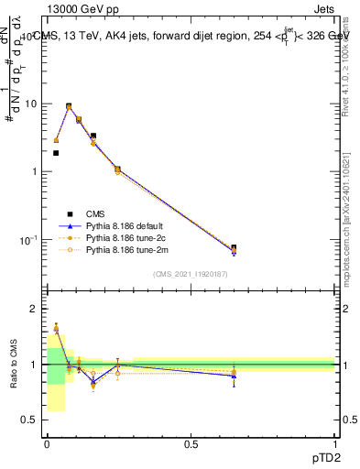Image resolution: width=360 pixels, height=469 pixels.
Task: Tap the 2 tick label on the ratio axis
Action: [x=35, y=310]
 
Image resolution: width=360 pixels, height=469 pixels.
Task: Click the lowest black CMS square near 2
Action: [x=56, y=153]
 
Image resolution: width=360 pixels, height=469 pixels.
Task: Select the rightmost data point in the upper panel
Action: [x=234, y=249]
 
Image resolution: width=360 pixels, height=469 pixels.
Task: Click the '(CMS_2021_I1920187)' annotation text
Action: [x=191, y=274]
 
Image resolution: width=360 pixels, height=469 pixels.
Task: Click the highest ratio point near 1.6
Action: [x=56, y=327]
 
